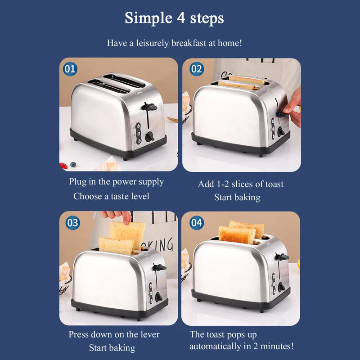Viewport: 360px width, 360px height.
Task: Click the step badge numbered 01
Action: [70, 69]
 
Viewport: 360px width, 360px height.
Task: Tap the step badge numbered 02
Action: [197, 69]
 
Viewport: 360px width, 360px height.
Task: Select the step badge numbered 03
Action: [72, 223]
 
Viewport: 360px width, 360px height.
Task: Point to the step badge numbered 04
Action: [197, 223]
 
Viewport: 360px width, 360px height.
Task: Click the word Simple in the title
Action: [148, 18]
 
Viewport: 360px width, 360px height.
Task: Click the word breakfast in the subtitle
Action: [189, 43]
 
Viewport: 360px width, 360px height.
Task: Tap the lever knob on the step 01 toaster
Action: [149, 107]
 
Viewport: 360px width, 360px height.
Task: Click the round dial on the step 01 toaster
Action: [149, 137]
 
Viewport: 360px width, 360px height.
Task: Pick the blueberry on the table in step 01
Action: [73, 164]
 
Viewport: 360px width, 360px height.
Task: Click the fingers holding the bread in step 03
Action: [117, 216]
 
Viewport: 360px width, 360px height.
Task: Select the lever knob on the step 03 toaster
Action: [159, 267]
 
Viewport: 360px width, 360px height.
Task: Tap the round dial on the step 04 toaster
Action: [281, 287]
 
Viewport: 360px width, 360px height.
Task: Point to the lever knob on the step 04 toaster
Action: [283, 256]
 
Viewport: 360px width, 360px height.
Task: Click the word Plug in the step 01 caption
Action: [77, 182]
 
